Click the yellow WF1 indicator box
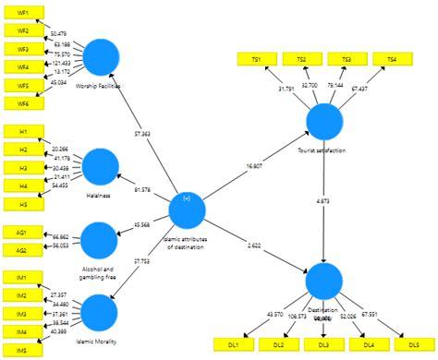(x=23, y=13)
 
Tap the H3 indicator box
(x=23, y=167)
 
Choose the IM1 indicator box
(x=23, y=278)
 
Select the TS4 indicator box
(x=392, y=60)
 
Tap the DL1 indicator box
(x=235, y=344)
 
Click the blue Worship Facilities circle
(x=103, y=57)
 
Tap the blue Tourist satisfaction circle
(x=324, y=122)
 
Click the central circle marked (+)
(x=187, y=209)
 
